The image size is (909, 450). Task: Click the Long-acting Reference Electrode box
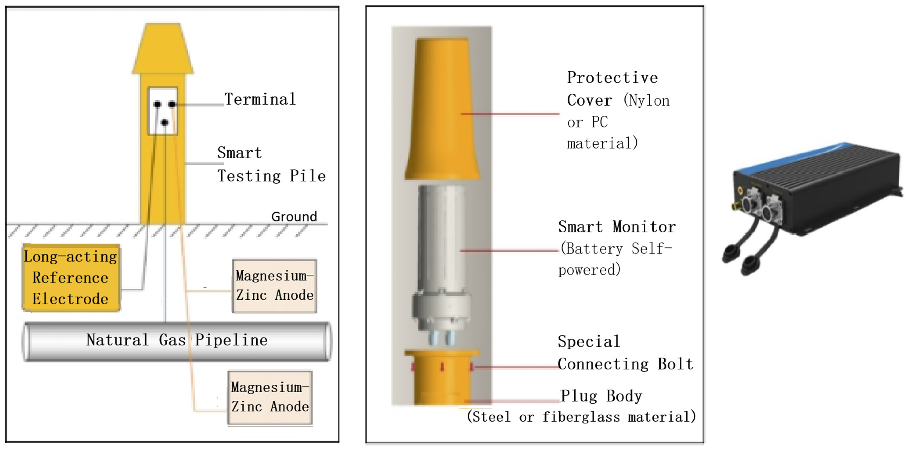pos(71,278)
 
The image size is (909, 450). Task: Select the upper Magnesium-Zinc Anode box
pos(275,286)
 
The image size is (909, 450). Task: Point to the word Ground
pos(294,216)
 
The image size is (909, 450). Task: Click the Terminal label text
pos(260,99)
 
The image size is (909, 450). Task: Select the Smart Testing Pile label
pos(271,164)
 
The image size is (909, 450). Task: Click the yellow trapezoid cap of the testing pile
pos(163,49)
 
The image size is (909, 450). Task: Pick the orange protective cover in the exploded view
pos(442,109)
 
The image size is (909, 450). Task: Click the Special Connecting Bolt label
pos(625,353)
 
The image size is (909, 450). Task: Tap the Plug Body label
pos(601,396)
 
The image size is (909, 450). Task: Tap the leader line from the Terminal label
pos(199,104)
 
